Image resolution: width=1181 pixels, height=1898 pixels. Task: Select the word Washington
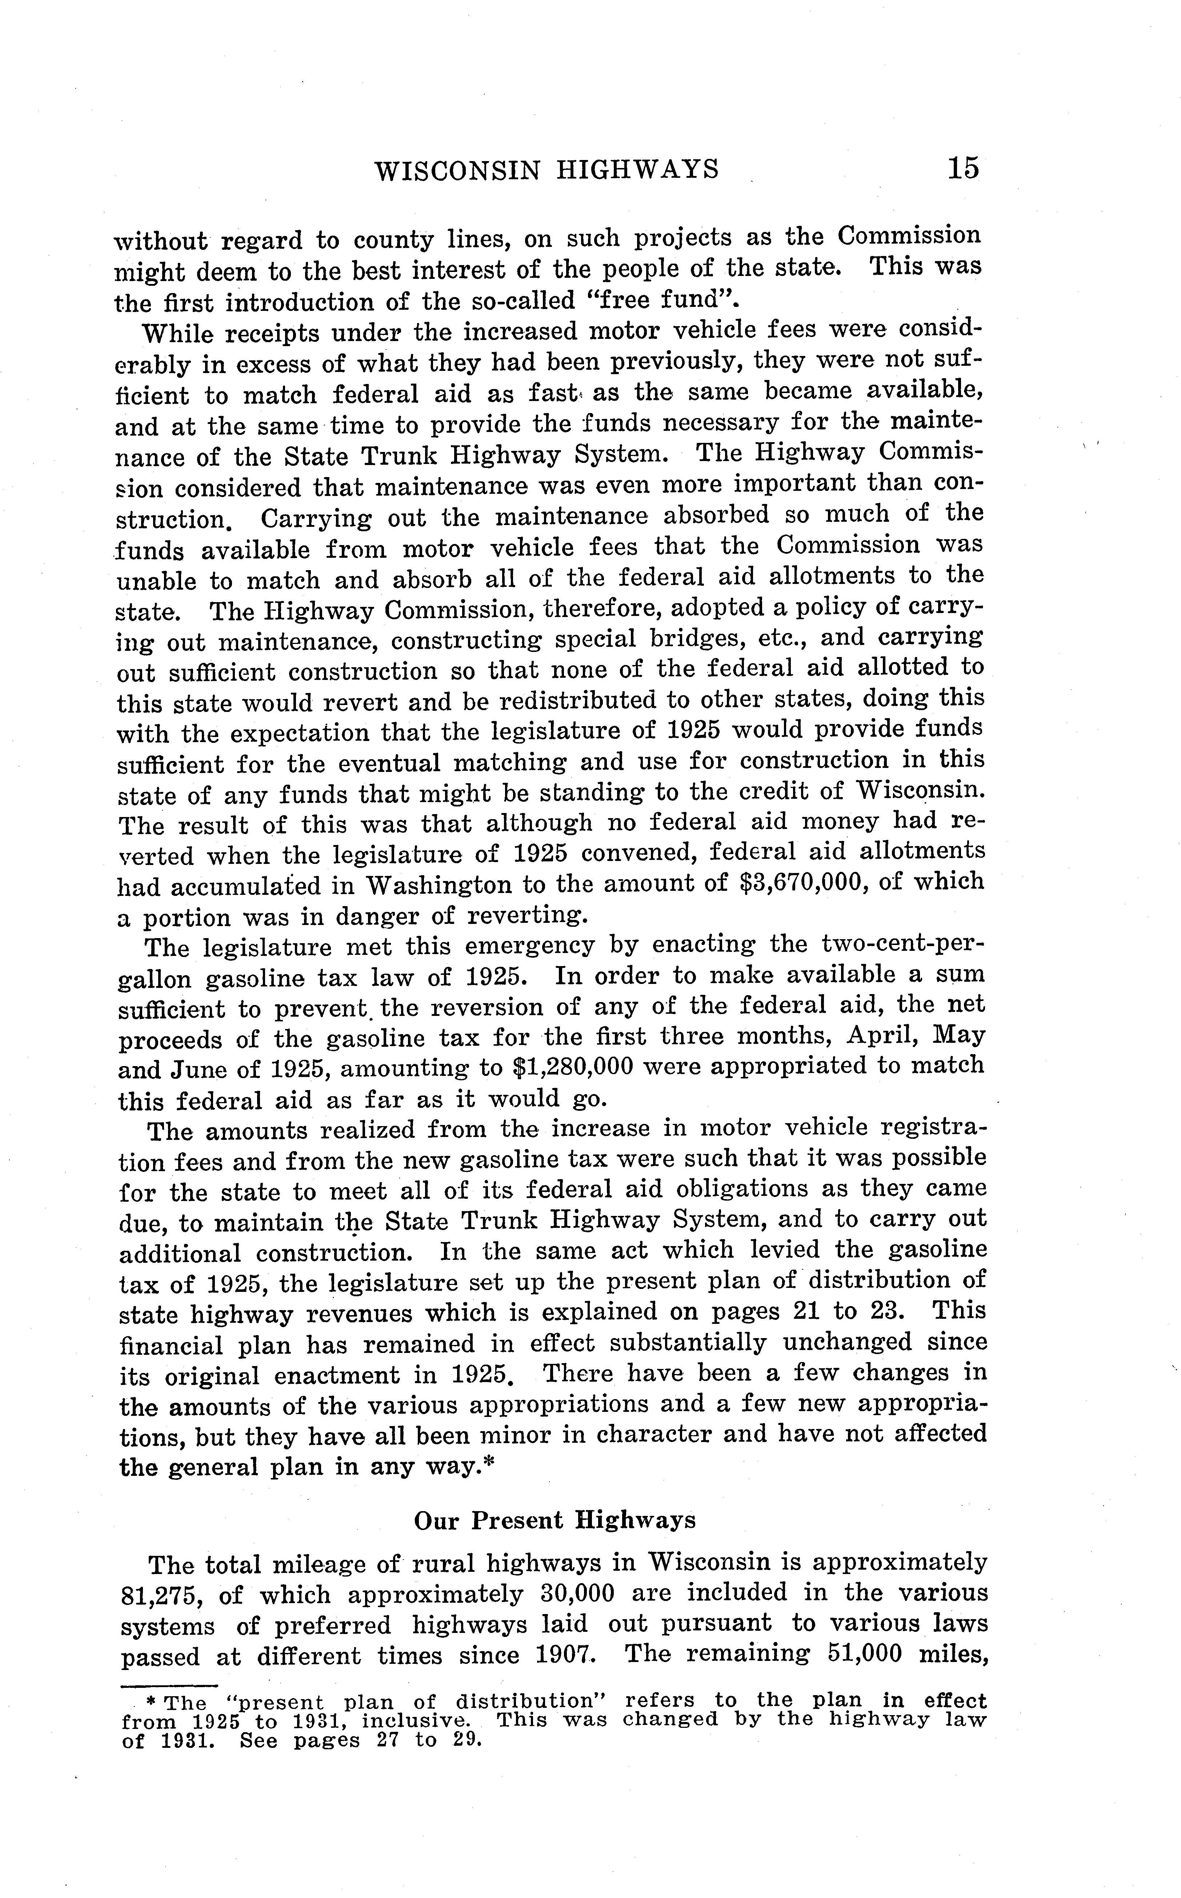click(x=439, y=885)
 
